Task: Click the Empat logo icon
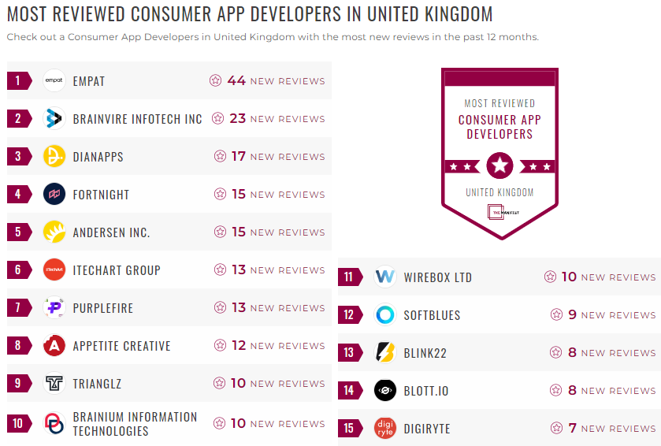54,80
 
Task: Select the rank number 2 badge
18,119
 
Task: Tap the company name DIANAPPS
98,157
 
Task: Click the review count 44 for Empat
236,80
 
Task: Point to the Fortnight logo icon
54,194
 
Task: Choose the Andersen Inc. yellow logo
54,232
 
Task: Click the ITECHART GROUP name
117,270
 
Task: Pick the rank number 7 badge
18,308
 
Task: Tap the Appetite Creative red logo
54,346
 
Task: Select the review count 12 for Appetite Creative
239,346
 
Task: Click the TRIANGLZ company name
97,384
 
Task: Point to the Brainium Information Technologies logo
54,423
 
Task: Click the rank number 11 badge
349,277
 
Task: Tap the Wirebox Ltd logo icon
385,277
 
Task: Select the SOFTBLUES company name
432,315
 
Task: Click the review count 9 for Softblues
573,315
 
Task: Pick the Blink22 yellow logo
385,353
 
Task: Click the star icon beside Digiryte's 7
556,429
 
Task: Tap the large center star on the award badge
499,165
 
